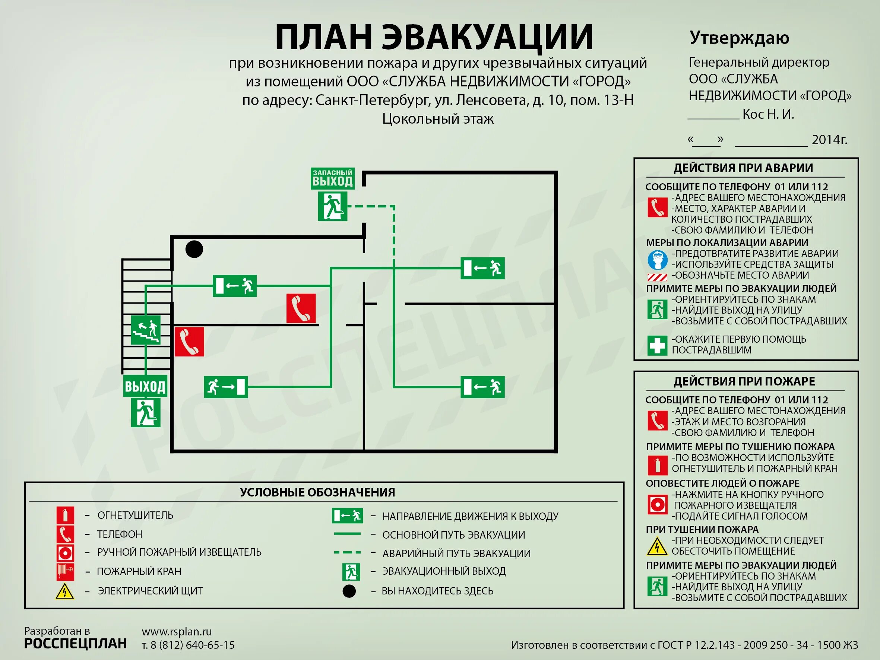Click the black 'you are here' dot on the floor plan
(194, 250)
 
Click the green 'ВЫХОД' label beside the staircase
(145, 386)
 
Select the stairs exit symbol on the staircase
(146, 330)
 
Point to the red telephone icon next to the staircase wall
(189, 342)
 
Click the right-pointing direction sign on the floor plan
(225, 387)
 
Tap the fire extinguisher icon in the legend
(65, 515)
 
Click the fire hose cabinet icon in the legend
(65, 571)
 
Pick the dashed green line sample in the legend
(347, 553)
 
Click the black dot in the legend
(349, 591)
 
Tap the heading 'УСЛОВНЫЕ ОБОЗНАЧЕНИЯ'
(317, 492)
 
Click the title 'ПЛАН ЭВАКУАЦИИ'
(434, 37)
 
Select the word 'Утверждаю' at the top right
(739, 38)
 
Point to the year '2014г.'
(829, 140)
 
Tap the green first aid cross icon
(657, 345)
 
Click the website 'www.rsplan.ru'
(177, 631)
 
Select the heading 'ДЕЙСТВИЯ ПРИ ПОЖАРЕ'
(744, 381)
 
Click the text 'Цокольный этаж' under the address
(438, 118)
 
